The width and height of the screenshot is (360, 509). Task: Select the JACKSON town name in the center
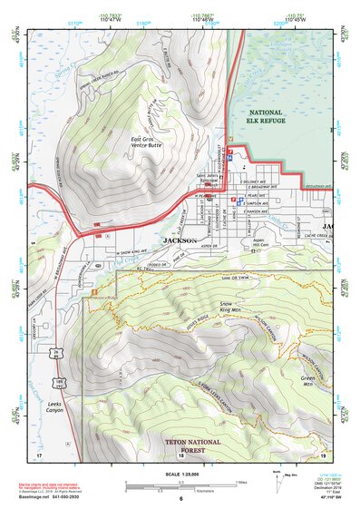click(x=179, y=240)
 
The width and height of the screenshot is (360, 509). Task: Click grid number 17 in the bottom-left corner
click(x=38, y=455)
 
